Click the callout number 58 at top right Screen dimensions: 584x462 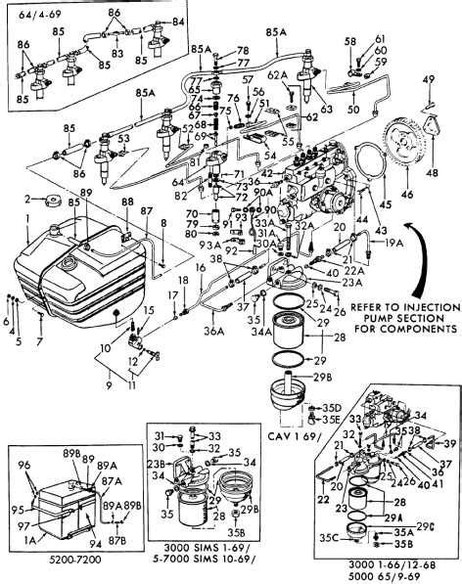click(x=349, y=41)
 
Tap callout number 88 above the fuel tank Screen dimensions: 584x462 click(x=124, y=202)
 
